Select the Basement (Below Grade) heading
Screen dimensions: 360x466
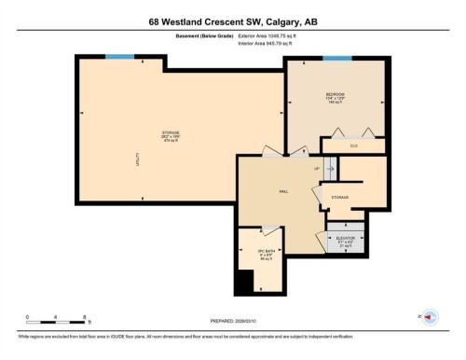point(204,36)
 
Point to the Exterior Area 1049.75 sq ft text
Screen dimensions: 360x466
point(272,36)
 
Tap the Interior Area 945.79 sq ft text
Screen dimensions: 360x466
point(271,44)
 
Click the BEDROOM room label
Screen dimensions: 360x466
point(336,94)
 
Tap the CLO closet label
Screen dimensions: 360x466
point(354,145)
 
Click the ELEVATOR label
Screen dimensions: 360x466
point(345,238)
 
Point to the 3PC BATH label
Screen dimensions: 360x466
point(266,251)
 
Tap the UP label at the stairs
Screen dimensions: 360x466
point(317,169)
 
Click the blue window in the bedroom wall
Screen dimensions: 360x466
point(336,58)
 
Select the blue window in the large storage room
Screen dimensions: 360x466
point(119,58)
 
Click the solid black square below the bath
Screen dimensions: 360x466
point(244,280)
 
